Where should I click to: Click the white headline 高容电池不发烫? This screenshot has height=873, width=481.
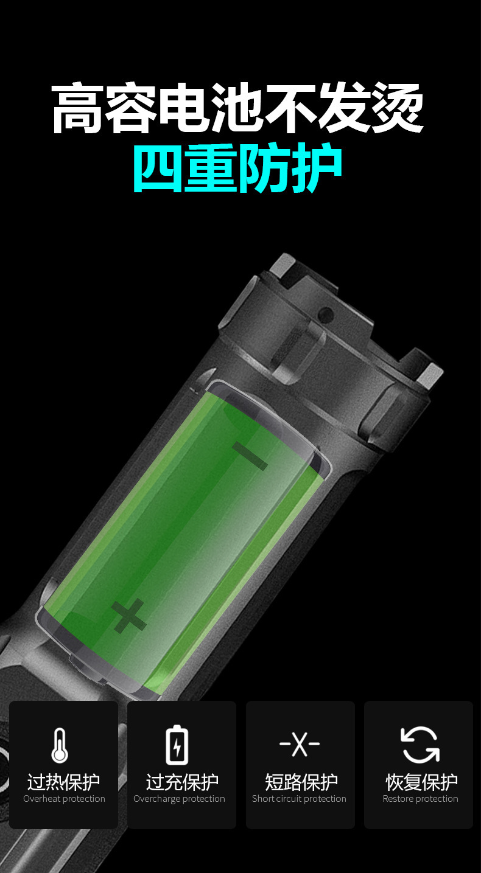pyautogui.click(x=237, y=108)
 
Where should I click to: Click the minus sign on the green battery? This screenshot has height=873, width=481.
pyautogui.click(x=250, y=456)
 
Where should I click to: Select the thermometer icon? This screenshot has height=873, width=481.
pyautogui.click(x=60, y=745)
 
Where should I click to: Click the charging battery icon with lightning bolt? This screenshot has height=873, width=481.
pyautogui.click(x=177, y=745)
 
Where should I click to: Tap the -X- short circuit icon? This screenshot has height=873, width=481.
pyautogui.click(x=300, y=743)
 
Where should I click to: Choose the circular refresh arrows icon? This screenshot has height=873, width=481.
pyautogui.click(x=420, y=744)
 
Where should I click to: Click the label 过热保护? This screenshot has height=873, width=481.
pyautogui.click(x=63, y=781)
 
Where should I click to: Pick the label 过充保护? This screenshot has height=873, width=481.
pyautogui.click(x=182, y=781)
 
